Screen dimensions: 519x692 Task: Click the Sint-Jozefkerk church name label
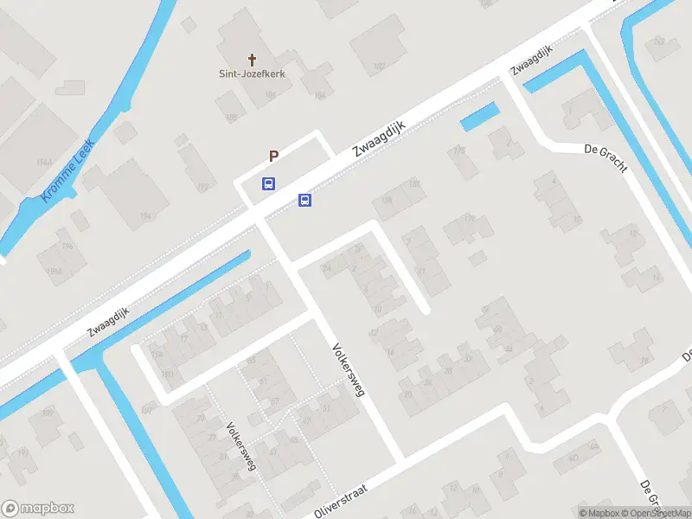252,74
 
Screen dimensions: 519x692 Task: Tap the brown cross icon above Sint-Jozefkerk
253,60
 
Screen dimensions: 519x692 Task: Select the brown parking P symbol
273,157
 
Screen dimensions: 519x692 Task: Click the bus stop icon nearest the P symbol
269,183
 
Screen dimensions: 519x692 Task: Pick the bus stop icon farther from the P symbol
304,201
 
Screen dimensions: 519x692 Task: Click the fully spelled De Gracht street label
606,158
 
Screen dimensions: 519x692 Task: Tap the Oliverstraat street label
341,501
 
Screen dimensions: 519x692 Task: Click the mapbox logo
38,509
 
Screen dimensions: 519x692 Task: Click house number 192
203,187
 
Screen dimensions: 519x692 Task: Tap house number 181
415,183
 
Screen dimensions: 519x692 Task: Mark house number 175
458,151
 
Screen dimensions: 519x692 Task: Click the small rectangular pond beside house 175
480,117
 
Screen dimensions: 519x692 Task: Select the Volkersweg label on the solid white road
349,369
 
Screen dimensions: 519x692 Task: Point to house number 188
231,119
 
